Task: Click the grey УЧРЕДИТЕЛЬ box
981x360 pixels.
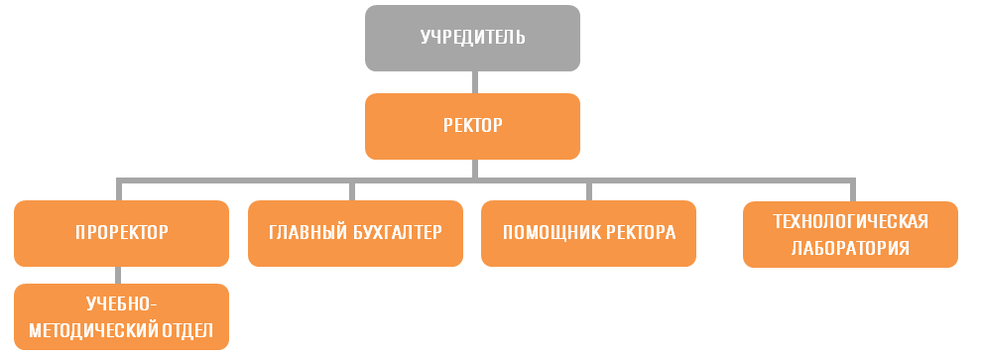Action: click(472, 38)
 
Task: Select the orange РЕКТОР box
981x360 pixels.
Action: click(472, 126)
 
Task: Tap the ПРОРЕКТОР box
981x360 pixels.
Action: click(121, 233)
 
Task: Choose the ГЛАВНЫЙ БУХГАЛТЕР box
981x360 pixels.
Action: click(355, 233)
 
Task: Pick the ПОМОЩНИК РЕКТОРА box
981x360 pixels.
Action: click(588, 233)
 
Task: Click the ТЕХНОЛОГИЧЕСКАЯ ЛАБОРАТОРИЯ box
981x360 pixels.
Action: click(850, 234)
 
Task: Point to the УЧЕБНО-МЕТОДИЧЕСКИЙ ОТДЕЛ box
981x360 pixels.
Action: click(121, 316)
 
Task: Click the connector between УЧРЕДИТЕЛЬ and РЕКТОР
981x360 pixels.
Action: click(475, 82)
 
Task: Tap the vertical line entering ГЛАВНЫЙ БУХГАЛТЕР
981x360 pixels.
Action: click(353, 190)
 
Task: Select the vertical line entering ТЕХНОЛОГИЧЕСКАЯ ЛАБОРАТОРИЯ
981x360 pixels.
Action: click(852, 190)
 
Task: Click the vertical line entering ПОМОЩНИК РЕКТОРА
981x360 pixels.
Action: click(588, 190)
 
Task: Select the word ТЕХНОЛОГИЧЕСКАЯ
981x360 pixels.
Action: click(850, 220)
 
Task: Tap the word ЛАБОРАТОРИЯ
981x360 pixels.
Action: click(850, 248)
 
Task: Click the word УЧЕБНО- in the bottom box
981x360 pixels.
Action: click(122, 303)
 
